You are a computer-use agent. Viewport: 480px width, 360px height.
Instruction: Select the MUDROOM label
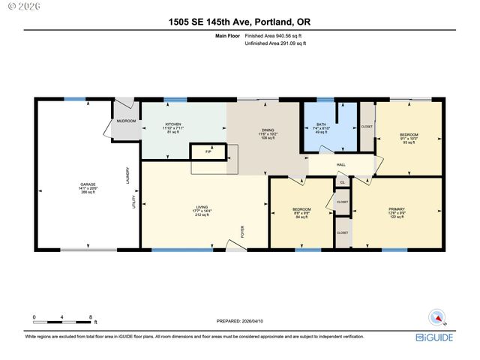click(124, 121)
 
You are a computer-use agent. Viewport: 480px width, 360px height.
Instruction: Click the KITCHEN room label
click(173, 124)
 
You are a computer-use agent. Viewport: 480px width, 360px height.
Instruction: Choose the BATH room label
click(322, 124)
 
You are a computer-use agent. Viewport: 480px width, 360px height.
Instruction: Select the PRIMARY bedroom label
click(397, 209)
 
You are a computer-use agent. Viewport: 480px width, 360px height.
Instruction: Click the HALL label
click(340, 164)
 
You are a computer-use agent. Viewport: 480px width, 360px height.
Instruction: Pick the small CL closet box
click(342, 182)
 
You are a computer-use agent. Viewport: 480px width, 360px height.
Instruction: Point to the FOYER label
click(242, 232)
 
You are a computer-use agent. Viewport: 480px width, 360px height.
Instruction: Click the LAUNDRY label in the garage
click(128, 174)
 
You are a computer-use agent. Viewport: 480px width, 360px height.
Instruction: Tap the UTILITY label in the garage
click(134, 202)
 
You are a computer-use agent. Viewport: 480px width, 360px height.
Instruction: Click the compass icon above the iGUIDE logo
click(434, 317)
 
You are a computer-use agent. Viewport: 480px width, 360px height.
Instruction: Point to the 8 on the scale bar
click(91, 317)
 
